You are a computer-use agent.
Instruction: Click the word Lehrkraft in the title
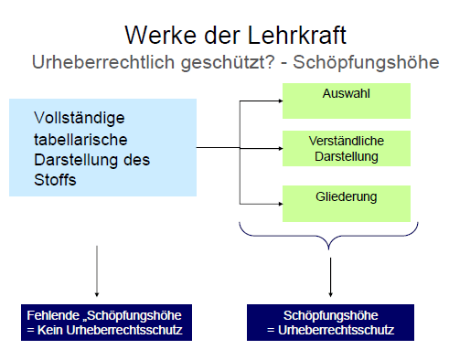(x=296, y=35)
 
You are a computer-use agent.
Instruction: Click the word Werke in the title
(x=160, y=35)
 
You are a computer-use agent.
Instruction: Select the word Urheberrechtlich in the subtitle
(x=103, y=62)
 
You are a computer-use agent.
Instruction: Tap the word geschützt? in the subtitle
(x=228, y=63)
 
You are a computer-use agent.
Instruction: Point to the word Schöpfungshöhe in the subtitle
(x=366, y=63)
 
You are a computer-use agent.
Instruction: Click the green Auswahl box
(x=347, y=101)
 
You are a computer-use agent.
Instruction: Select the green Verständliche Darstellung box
(x=347, y=148)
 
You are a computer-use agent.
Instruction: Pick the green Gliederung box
(x=347, y=204)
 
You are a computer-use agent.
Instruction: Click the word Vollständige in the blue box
(x=80, y=118)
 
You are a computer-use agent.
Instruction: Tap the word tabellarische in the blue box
(x=80, y=140)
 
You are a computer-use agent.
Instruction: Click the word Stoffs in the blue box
(x=55, y=180)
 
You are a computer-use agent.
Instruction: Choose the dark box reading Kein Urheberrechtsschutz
(x=106, y=323)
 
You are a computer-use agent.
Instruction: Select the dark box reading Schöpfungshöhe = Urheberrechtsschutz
(x=330, y=323)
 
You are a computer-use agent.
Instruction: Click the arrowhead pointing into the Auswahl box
(x=281, y=101)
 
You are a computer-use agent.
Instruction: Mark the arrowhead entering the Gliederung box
(x=281, y=204)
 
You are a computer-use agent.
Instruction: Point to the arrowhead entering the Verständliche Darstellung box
(x=281, y=148)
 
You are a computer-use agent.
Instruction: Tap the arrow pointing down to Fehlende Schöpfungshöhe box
(x=97, y=271)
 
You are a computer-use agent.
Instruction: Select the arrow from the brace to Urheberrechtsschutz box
(x=330, y=277)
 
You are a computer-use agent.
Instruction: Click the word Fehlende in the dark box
(x=53, y=315)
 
